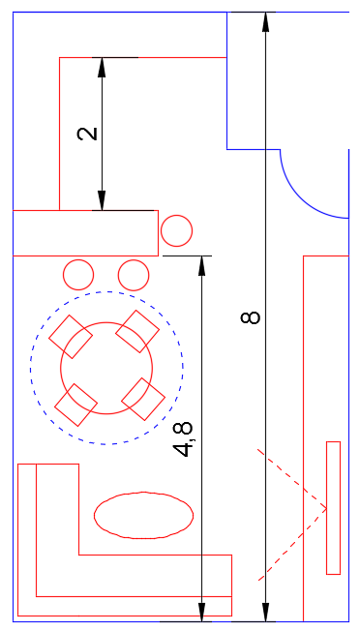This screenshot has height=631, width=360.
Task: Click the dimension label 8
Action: (251, 317)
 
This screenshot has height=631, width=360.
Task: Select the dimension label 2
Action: (87, 134)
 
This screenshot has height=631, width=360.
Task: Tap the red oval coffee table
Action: (143, 515)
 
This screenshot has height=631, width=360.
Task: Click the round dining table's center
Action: (106, 368)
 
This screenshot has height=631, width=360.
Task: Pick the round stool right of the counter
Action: (176, 230)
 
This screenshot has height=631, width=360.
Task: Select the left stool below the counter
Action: (78, 275)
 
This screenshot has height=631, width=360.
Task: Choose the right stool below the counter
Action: (134, 275)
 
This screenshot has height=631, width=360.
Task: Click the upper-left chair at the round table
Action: (71, 337)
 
